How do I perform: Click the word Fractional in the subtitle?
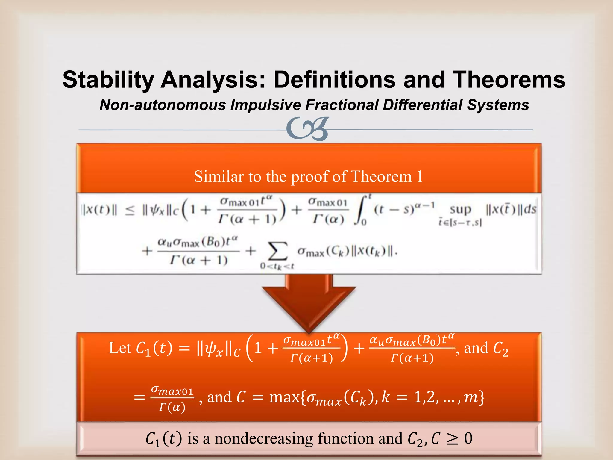[x=343, y=105]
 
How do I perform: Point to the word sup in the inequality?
[x=460, y=209]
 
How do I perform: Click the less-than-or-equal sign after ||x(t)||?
[x=130, y=210]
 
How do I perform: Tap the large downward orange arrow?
[x=309, y=302]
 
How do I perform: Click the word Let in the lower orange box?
[x=120, y=348]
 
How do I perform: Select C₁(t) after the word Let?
[x=154, y=349]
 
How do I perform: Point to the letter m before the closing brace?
[x=471, y=397]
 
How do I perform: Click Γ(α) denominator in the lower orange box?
[x=172, y=407]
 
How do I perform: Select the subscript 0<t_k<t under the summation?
[x=277, y=266]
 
